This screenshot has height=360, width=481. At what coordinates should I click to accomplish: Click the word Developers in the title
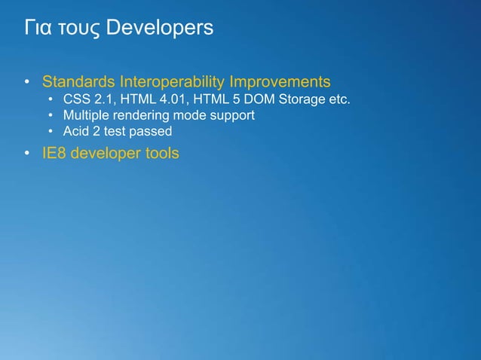click(160, 29)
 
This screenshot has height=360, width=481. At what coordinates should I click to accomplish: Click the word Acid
click(76, 132)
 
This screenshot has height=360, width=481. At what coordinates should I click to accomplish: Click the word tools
click(161, 154)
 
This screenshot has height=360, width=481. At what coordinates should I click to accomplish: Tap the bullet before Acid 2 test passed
click(50, 132)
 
